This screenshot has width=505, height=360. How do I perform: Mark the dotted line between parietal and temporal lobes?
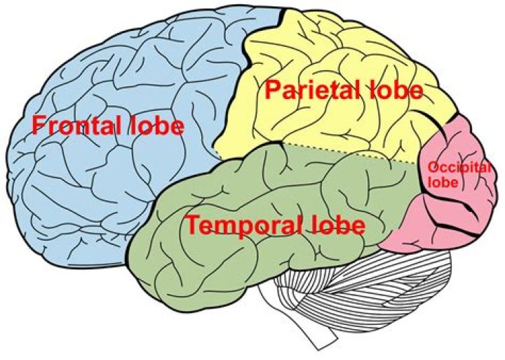click(351, 154)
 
